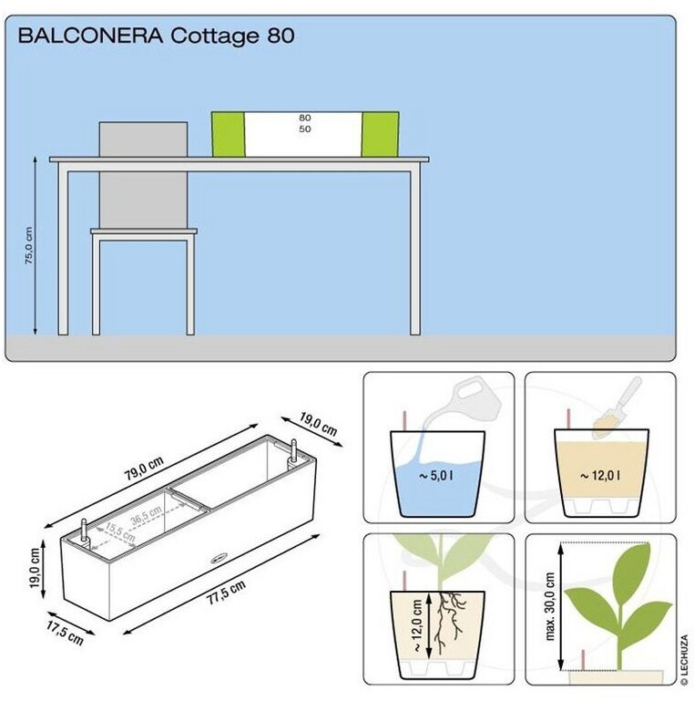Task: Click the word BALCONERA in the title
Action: click(x=91, y=36)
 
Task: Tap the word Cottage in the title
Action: click(x=214, y=36)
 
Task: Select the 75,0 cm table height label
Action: click(x=28, y=245)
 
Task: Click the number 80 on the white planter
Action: click(x=305, y=118)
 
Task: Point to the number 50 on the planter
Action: click(x=305, y=129)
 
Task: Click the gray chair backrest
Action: click(x=143, y=174)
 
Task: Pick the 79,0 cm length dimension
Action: click(x=144, y=468)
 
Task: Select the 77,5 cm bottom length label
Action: click(x=227, y=592)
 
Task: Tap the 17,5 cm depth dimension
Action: click(x=66, y=632)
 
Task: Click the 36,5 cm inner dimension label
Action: click(x=147, y=515)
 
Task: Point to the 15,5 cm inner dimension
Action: click(x=119, y=531)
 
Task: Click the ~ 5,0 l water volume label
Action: click(x=436, y=476)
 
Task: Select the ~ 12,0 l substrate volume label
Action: click(x=600, y=476)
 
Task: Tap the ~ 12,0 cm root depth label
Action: click(x=417, y=625)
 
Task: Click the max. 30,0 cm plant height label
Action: click(x=550, y=606)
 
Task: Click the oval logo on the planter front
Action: click(x=219, y=559)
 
